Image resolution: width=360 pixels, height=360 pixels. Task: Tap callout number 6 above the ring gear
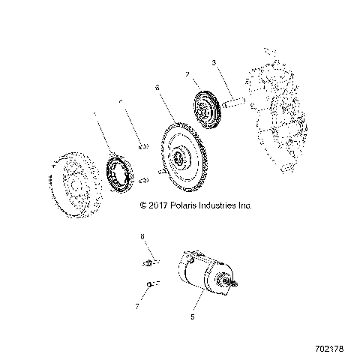(x=157, y=88)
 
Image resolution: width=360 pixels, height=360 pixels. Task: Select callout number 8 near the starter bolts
(x=141, y=237)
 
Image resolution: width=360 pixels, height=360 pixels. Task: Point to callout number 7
(x=138, y=306)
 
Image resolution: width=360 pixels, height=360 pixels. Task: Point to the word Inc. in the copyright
(x=248, y=204)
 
